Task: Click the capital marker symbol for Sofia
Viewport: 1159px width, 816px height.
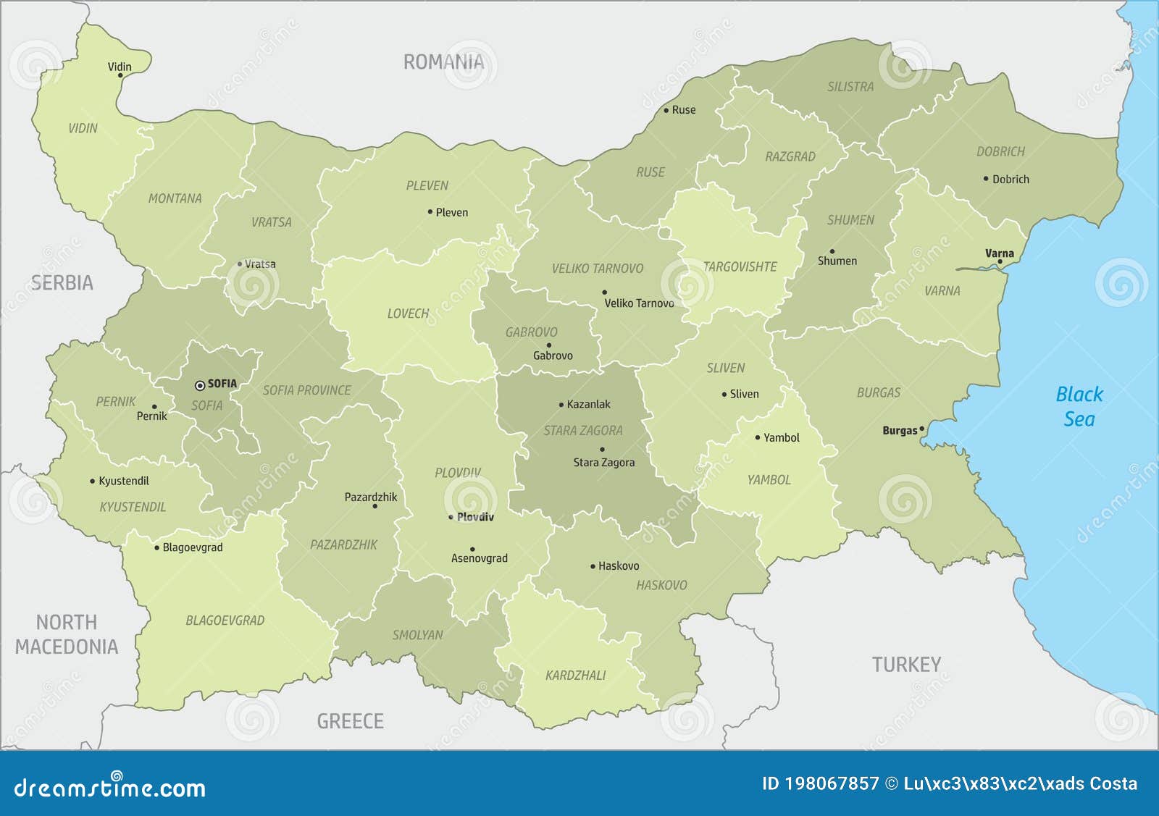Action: click(200, 386)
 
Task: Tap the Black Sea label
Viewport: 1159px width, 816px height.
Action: click(1079, 406)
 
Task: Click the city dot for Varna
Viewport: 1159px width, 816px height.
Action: click(1000, 262)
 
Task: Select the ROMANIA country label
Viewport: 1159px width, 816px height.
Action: click(443, 62)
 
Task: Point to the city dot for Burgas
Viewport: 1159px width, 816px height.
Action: click(921, 429)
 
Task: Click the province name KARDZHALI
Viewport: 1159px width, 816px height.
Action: click(575, 676)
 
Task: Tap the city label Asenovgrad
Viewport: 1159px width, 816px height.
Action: click(480, 558)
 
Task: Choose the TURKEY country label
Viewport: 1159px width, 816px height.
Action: click(906, 665)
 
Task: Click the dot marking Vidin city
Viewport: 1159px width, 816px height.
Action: click(120, 75)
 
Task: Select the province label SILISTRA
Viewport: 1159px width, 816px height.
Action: click(850, 87)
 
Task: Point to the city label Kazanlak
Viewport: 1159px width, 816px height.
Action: click(588, 405)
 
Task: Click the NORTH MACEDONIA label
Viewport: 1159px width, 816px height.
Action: click(67, 634)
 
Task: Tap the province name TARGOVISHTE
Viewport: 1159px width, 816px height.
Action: click(740, 267)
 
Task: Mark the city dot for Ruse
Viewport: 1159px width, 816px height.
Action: click(666, 111)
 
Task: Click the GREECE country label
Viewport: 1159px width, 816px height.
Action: click(350, 721)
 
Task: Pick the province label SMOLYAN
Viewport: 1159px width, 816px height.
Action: click(417, 635)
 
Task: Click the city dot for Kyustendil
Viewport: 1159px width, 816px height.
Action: click(93, 481)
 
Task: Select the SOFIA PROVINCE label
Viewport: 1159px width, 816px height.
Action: click(306, 390)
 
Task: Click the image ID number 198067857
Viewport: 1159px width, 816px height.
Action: click(831, 784)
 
